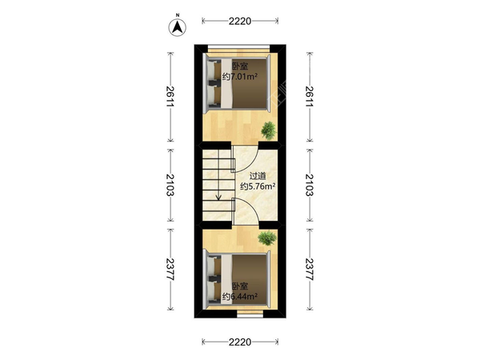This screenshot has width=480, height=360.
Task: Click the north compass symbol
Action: (x=178, y=27)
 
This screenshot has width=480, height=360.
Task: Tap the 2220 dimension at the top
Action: (x=240, y=21)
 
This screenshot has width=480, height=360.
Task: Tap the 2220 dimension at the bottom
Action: (x=240, y=342)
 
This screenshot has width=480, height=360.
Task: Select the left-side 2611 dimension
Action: (x=170, y=96)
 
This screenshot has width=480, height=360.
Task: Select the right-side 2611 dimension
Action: (x=310, y=96)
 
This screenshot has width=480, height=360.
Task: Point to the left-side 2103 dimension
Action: (x=170, y=185)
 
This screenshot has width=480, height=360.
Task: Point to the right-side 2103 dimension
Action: (x=310, y=185)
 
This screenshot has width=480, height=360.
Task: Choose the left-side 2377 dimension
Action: (x=170, y=270)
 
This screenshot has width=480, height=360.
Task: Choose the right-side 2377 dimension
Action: (x=310, y=270)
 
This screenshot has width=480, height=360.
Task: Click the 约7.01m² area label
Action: (x=240, y=77)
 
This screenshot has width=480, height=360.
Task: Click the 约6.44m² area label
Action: (x=240, y=296)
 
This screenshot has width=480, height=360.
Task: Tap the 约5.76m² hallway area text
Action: (x=258, y=186)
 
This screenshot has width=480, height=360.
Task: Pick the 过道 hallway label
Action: (x=258, y=176)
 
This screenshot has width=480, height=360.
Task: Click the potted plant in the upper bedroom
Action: (x=269, y=130)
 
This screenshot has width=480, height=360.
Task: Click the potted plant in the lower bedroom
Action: (x=267, y=238)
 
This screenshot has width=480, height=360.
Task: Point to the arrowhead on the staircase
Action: (x=218, y=198)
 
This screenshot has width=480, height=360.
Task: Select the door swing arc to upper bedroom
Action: (x=252, y=164)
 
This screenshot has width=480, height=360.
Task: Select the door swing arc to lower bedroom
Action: (x=252, y=206)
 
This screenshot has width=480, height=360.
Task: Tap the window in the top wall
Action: (x=238, y=48)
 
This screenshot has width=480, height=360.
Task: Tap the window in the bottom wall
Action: (x=250, y=314)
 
